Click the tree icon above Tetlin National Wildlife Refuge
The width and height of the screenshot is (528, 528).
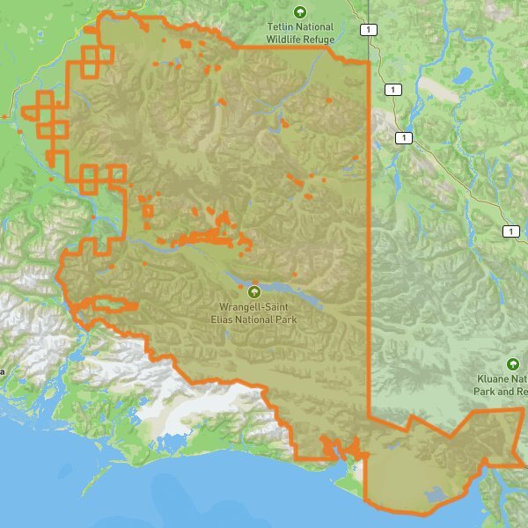[x=299, y=12]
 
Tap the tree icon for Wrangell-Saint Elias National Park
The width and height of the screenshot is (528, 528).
[x=254, y=292]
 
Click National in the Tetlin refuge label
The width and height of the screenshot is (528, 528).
[x=316, y=27]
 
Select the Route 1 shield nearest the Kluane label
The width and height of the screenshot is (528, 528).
[x=510, y=231]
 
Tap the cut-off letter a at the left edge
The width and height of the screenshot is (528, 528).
[x=2, y=371]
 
